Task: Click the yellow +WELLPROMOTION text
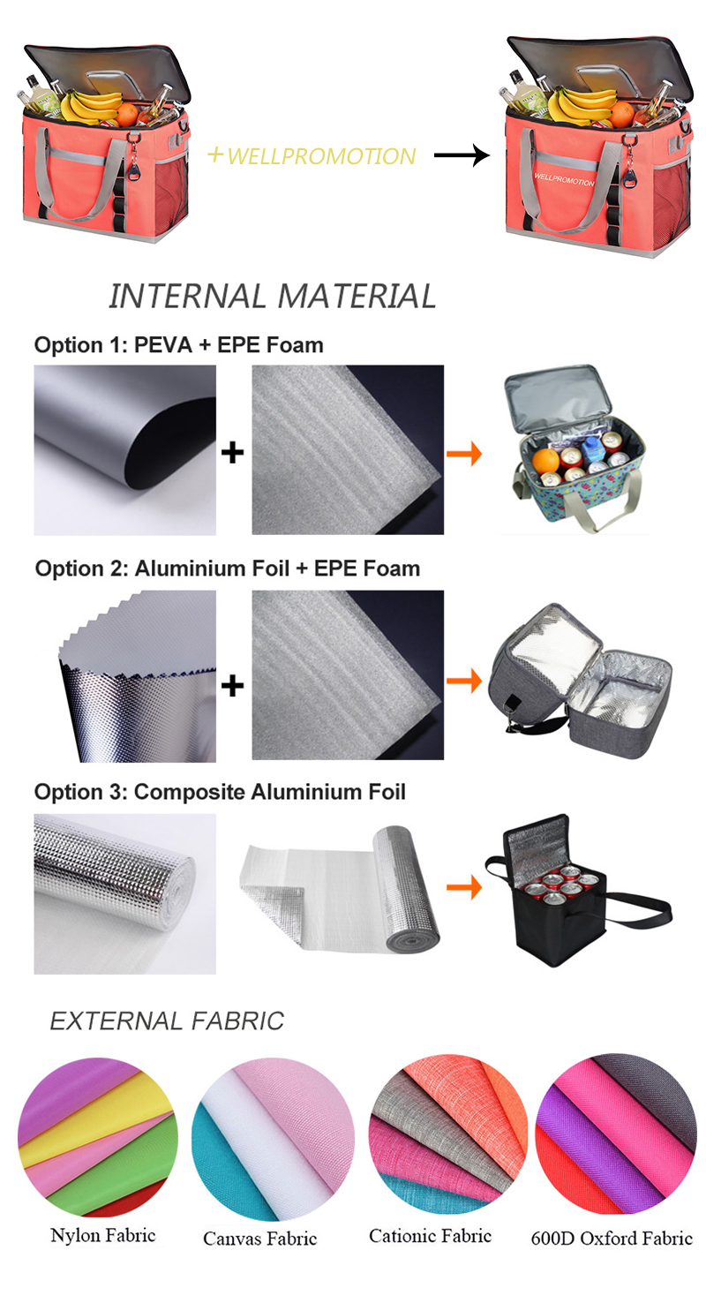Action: [311, 156]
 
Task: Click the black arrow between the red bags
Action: [461, 156]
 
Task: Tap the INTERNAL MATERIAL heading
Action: [272, 296]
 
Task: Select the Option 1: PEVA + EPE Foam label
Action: [178, 344]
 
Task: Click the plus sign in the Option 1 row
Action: [232, 454]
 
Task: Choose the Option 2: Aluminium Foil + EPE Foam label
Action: [227, 568]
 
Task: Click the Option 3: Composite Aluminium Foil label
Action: [220, 792]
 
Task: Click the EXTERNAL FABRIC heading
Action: [167, 1021]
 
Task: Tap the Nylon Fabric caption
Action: [102, 1234]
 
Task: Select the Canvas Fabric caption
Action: [259, 1238]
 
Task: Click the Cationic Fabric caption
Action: [430, 1235]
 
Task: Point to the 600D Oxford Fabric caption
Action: [612, 1238]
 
